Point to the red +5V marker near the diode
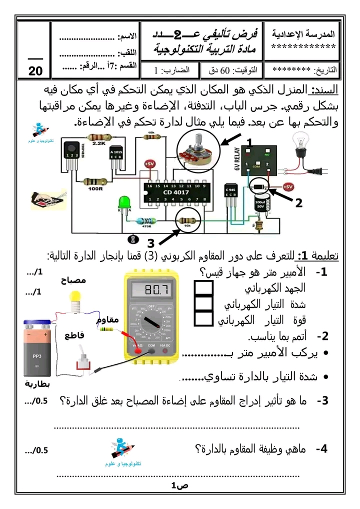[x=287, y=186]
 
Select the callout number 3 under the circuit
[x=150, y=243]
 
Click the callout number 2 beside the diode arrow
[x=298, y=203]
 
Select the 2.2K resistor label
[x=99, y=143]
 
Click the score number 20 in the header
[x=35, y=71]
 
